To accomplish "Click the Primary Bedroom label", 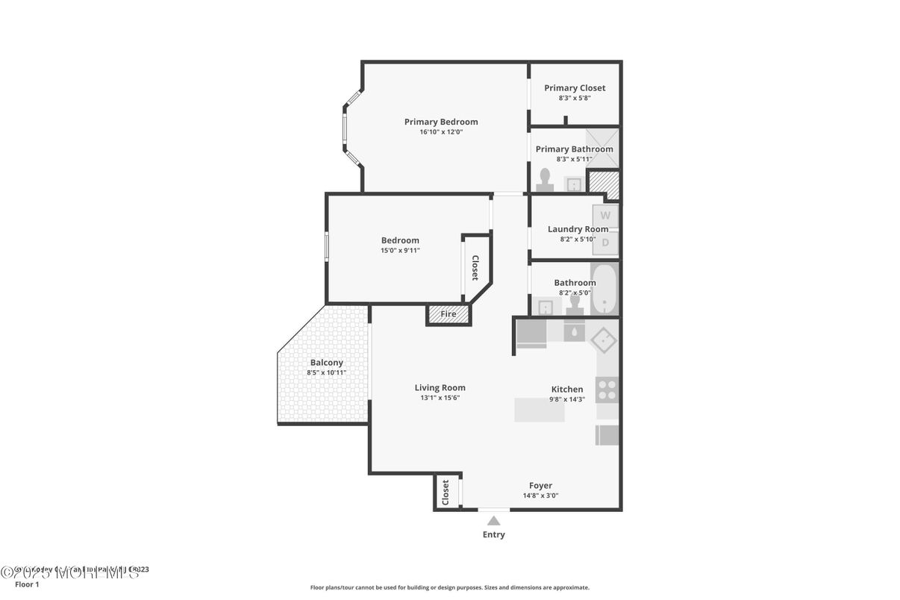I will coord(441,122).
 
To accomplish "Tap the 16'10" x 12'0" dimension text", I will coord(441,132).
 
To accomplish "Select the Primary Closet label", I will coord(575,88).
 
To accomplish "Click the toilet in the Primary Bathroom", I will coord(545,180).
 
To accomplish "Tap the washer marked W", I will coord(605,216).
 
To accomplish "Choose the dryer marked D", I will coord(605,242).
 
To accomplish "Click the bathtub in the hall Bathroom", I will coord(604,288).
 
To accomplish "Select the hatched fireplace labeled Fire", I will coord(449,314).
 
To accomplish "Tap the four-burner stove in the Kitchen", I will coord(607,390).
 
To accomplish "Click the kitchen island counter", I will coord(540,410).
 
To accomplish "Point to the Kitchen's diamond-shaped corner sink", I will coord(603,340).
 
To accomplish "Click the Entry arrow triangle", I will coord(494,521).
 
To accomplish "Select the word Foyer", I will coord(541,486).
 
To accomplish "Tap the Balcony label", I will coord(327,363).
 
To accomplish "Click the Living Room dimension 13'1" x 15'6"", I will coord(440,398).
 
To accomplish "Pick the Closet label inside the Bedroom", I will coord(475,268).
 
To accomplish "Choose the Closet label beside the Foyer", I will coord(446,493).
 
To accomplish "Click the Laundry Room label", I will coord(578,229).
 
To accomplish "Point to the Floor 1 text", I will coord(27,584).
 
